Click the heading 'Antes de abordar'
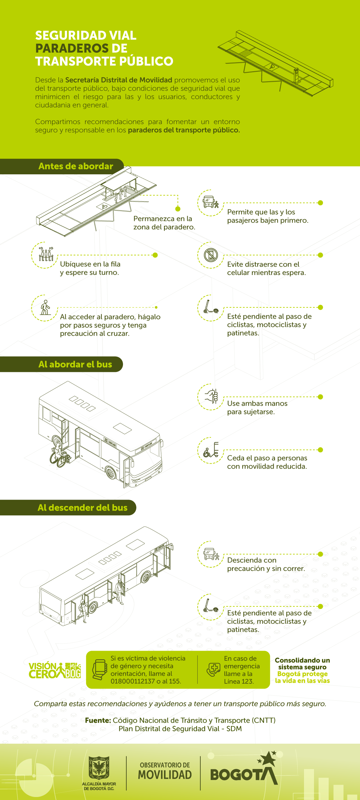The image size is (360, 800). tap(76, 166)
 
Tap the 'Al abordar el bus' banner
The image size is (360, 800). tap(75, 364)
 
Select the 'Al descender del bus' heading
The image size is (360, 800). tap(82, 508)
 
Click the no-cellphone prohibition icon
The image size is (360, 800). tap(211, 255)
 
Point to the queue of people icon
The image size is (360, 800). tap(46, 255)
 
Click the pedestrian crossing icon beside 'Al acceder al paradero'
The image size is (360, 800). tap(45, 308)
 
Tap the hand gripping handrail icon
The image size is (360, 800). tap(211, 396)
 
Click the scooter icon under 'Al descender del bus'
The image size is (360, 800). tap(211, 607)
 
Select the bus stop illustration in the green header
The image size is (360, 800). tap(275, 63)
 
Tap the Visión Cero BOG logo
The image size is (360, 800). tap(55, 670)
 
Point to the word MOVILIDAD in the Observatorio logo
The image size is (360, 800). tap(165, 775)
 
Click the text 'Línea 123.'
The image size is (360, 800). tap(239, 681)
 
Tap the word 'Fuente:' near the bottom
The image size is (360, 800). tap(98, 720)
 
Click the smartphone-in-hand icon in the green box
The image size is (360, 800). tap(99, 670)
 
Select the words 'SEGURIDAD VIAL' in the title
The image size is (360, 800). tap(86, 35)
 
